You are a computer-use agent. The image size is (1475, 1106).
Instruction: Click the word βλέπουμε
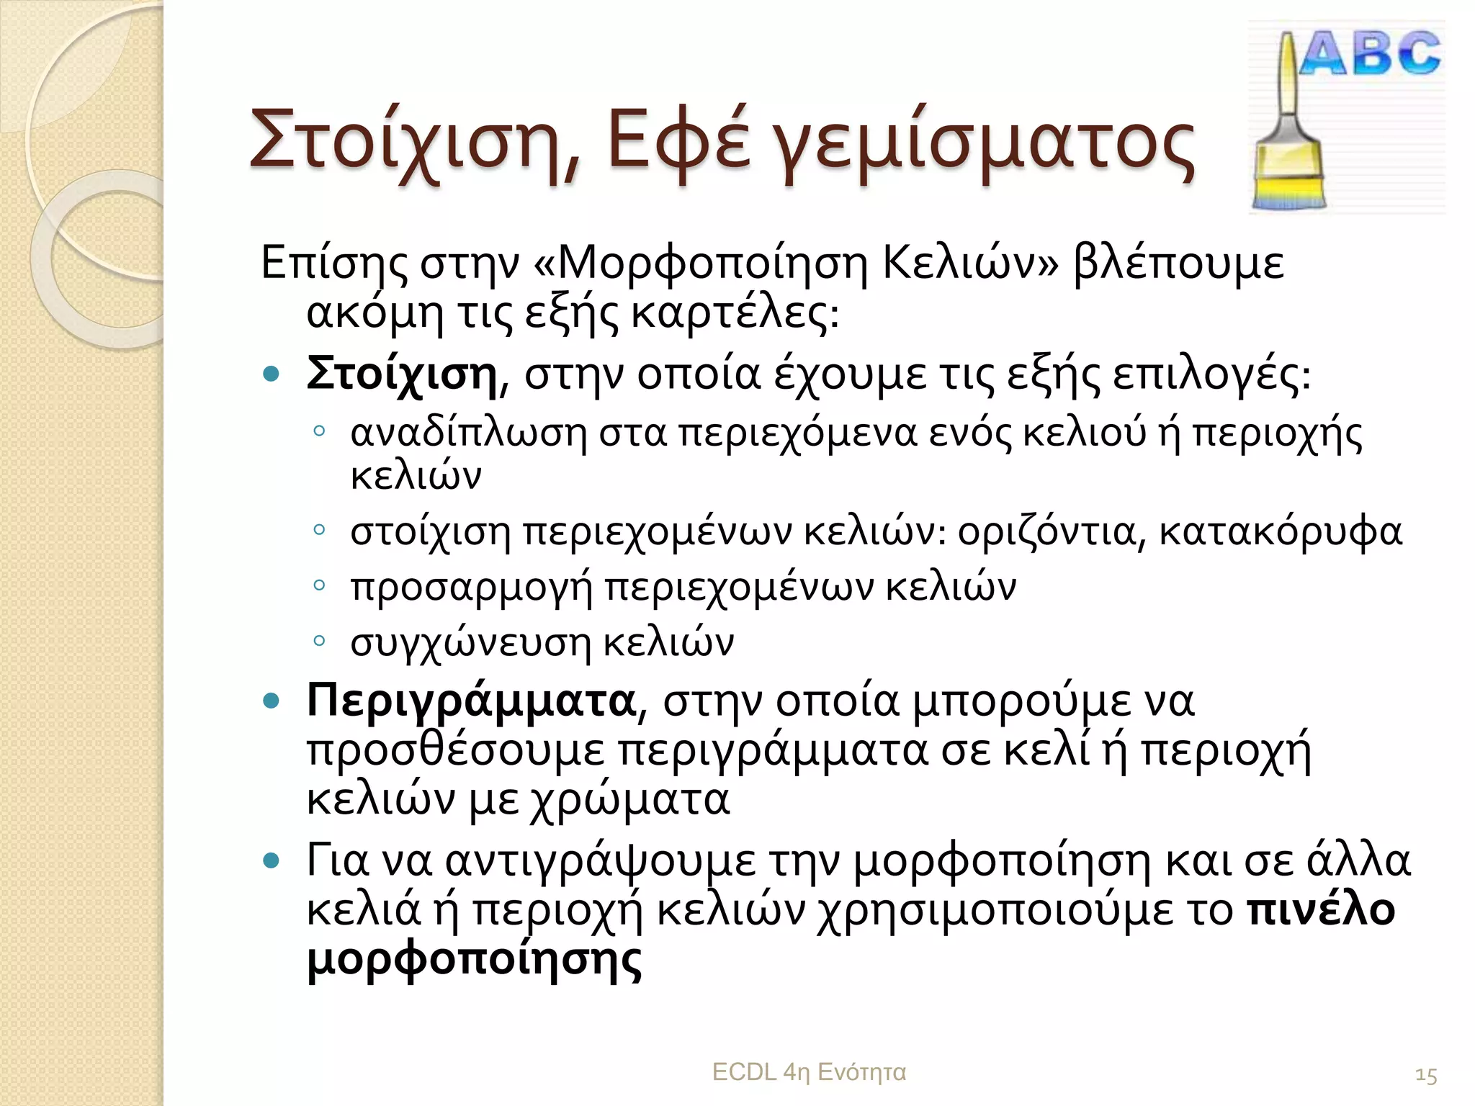(x=1178, y=264)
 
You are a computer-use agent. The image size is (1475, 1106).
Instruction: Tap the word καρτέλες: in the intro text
(x=735, y=314)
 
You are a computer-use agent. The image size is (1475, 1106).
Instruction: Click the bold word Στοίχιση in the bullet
(x=402, y=374)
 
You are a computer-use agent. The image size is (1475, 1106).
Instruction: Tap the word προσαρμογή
(x=471, y=588)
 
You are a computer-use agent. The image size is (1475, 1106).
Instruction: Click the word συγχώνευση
(x=470, y=642)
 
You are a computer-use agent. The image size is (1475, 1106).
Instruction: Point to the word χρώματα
(x=629, y=799)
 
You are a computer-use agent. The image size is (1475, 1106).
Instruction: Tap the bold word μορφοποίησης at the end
(x=474, y=959)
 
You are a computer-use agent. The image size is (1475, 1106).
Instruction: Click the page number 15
(x=1426, y=1076)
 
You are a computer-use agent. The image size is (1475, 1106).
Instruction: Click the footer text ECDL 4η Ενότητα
(x=809, y=1072)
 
